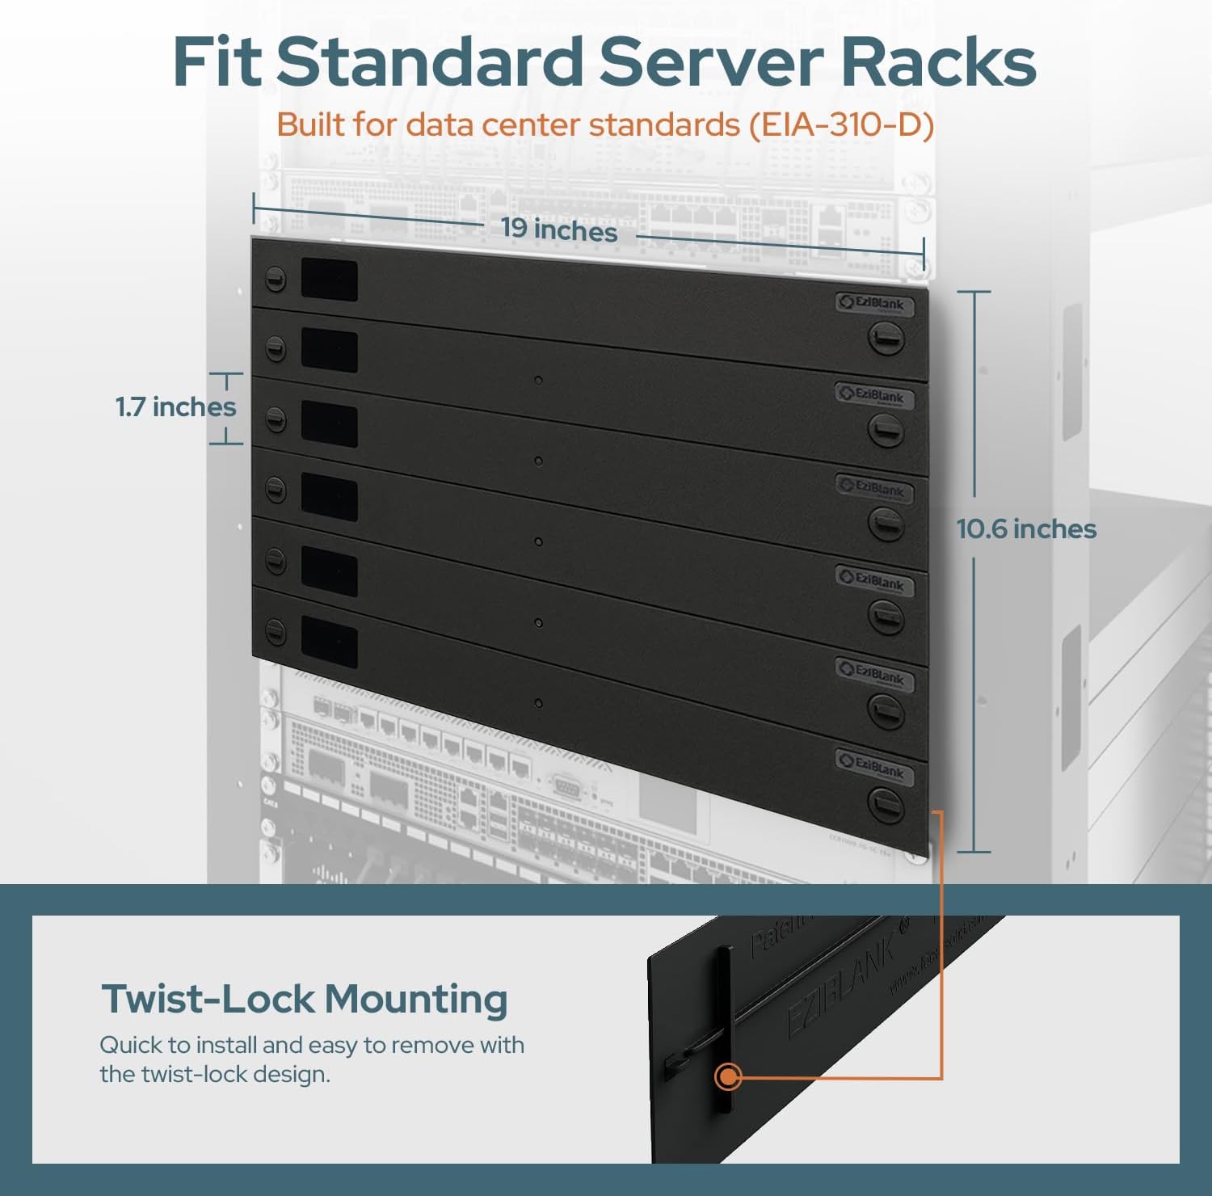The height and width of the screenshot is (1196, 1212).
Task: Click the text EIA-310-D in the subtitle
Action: tap(841, 125)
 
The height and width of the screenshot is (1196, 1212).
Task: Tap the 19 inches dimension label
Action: tap(559, 230)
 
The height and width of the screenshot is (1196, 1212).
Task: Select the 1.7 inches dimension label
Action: tap(176, 406)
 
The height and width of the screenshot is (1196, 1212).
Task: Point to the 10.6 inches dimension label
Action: tap(1026, 529)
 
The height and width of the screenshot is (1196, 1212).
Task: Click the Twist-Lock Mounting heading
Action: tap(305, 999)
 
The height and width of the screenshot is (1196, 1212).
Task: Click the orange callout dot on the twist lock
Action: tap(729, 1076)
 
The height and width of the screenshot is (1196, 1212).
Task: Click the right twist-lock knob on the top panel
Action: tap(886, 338)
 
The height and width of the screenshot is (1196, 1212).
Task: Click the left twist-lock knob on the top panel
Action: tap(276, 279)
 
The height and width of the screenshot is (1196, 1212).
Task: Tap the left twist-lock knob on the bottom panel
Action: tap(276, 630)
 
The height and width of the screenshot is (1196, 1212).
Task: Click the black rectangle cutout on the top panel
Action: tap(329, 280)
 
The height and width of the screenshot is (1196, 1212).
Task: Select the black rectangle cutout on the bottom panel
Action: tap(329, 642)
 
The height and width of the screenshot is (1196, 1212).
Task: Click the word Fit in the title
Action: tap(217, 62)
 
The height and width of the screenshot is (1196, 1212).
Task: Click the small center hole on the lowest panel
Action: tap(539, 704)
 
